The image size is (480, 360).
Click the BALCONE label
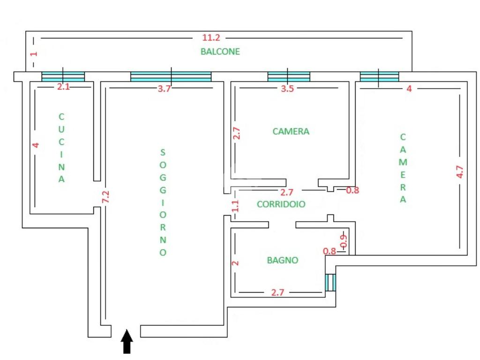click(x=220, y=52)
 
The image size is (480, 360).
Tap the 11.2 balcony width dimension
click(x=211, y=37)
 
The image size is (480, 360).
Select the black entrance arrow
click(x=127, y=341)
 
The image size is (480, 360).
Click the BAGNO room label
click(x=283, y=260)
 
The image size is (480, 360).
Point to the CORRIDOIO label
click(x=281, y=204)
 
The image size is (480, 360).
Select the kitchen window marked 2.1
click(x=63, y=76)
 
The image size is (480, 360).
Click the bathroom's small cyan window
click(x=330, y=282)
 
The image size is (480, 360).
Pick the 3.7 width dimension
click(x=164, y=89)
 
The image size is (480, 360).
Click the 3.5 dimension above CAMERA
click(x=287, y=89)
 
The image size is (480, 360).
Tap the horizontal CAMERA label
click(x=291, y=132)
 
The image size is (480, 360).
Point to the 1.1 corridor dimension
click(x=235, y=206)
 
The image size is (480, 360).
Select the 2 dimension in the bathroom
click(x=236, y=263)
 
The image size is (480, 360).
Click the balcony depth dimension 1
click(x=33, y=54)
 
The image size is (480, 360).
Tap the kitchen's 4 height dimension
click(x=36, y=145)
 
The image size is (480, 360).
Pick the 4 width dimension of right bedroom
click(x=409, y=89)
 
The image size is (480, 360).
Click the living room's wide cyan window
click(x=171, y=76)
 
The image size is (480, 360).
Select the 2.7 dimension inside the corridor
click(x=286, y=192)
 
